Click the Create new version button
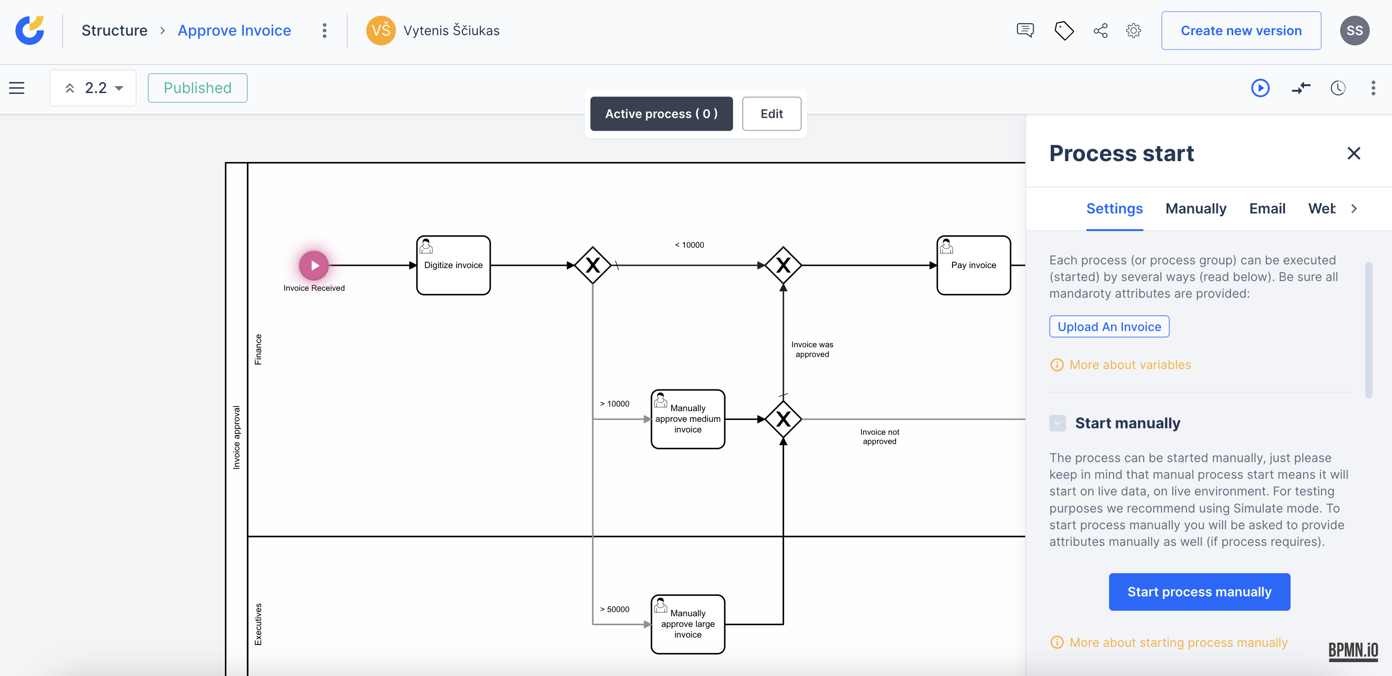1241,31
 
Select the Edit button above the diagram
771,114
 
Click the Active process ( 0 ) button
661,114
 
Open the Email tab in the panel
1267,208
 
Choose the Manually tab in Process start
1195,208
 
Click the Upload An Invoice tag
1109,327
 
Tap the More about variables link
1129,365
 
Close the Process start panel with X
1353,153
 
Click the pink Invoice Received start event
314,265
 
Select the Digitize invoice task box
453,265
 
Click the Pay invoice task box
973,265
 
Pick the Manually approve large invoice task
687,624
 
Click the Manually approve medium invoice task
687,419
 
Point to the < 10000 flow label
689,245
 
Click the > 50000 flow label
614,609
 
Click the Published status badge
197,88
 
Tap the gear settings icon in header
1133,31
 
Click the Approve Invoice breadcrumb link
234,31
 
